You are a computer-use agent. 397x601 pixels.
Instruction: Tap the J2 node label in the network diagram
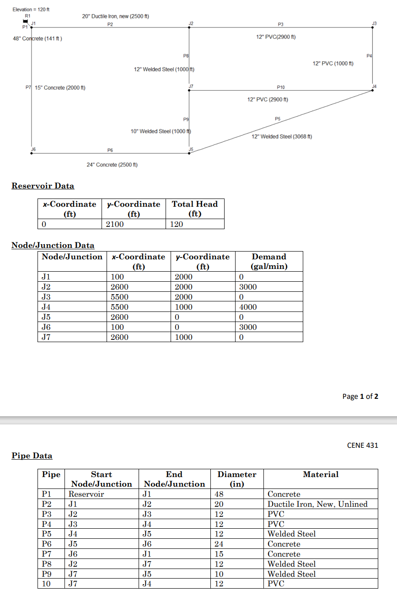tap(191, 23)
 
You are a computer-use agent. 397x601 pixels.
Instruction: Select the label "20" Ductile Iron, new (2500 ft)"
tap(116, 16)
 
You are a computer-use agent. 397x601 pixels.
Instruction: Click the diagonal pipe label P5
tap(277, 118)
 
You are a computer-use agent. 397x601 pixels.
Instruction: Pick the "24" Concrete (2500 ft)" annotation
tap(113, 165)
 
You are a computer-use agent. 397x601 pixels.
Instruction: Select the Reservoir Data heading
tap(43, 186)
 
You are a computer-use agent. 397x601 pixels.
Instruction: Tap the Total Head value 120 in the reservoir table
tap(177, 224)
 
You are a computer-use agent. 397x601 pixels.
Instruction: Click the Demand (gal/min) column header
tap(269, 262)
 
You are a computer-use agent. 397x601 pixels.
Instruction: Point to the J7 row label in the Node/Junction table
tap(46, 337)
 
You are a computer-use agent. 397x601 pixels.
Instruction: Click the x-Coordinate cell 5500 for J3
tap(120, 297)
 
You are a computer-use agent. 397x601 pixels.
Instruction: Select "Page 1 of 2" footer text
tap(360, 396)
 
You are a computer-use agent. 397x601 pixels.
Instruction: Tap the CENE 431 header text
tap(362, 445)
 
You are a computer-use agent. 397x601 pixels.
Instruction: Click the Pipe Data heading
tap(32, 456)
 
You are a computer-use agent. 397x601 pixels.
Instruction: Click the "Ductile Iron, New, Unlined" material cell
tap(317, 504)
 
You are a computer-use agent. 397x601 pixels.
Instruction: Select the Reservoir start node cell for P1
tap(86, 494)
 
